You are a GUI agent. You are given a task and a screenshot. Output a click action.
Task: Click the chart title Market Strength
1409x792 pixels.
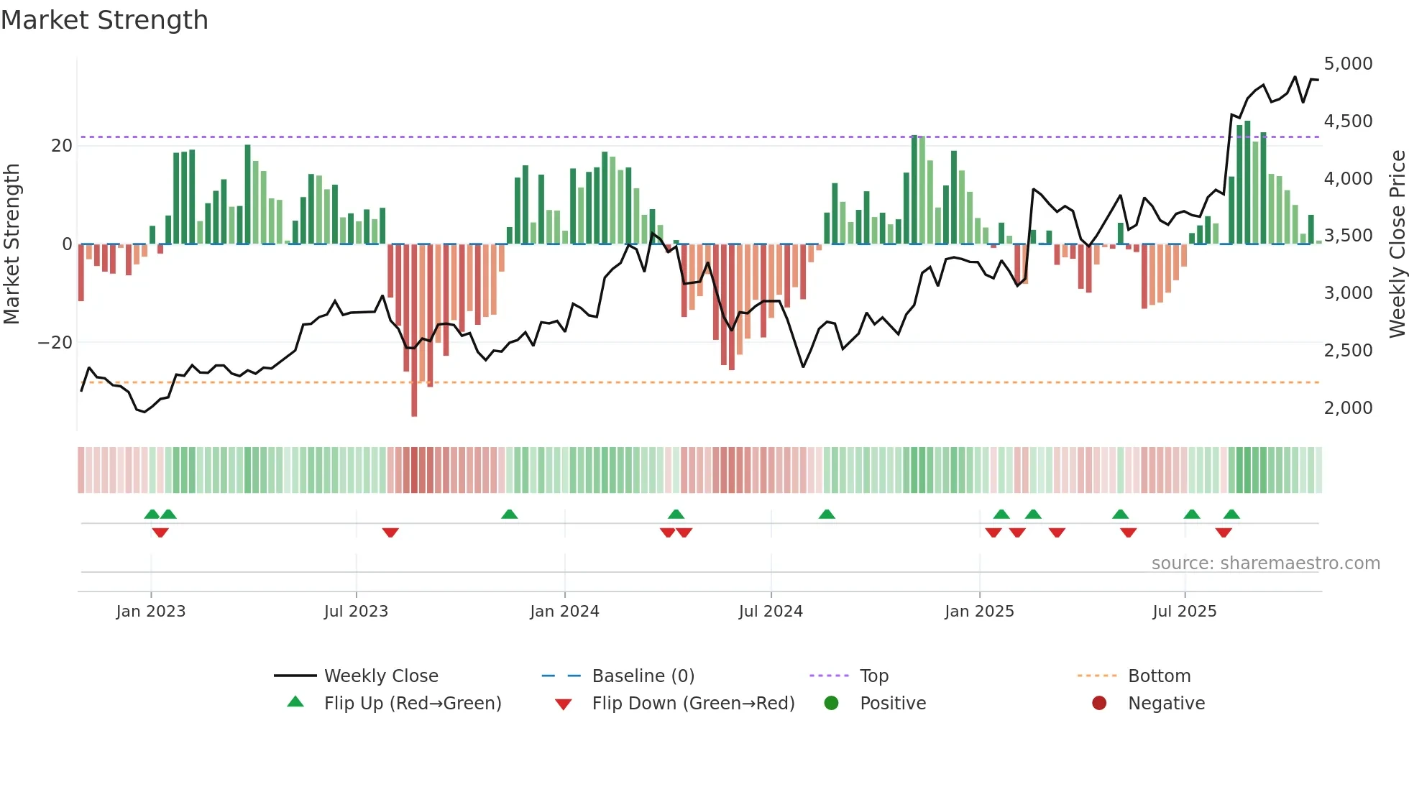[104, 20]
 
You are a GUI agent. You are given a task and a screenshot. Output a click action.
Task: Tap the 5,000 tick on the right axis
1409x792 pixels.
[1348, 63]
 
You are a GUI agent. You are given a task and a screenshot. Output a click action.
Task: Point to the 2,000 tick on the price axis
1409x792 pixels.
[1348, 407]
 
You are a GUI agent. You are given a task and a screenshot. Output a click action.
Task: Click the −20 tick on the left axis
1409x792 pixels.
[55, 343]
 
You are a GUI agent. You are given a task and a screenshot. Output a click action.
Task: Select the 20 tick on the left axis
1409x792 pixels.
[62, 146]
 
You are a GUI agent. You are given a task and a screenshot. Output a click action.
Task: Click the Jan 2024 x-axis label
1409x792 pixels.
[564, 612]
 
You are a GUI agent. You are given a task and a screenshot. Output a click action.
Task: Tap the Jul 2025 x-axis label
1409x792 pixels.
[1184, 612]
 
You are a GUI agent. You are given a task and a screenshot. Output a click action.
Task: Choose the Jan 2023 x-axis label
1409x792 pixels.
[151, 612]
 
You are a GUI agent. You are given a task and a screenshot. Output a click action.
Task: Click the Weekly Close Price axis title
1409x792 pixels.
[1397, 244]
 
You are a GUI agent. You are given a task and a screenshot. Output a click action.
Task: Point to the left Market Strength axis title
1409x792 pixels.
[12, 244]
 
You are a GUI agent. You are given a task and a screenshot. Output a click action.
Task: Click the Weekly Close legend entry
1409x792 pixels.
[380, 676]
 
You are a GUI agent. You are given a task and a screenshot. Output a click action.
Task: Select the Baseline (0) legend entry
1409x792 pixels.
[643, 676]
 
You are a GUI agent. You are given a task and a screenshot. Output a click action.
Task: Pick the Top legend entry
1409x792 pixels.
[873, 676]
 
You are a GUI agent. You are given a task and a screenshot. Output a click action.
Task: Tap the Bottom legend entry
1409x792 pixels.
[1159, 676]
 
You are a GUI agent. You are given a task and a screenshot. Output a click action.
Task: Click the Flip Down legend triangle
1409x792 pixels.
[564, 704]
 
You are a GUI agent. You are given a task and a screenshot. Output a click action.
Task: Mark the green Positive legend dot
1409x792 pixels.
[831, 704]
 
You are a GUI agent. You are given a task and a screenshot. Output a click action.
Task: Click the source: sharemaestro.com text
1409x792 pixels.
[1265, 563]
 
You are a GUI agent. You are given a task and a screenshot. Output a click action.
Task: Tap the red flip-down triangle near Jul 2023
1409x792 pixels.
[390, 533]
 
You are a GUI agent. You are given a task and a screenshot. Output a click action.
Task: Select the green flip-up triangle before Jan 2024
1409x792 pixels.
[509, 514]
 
